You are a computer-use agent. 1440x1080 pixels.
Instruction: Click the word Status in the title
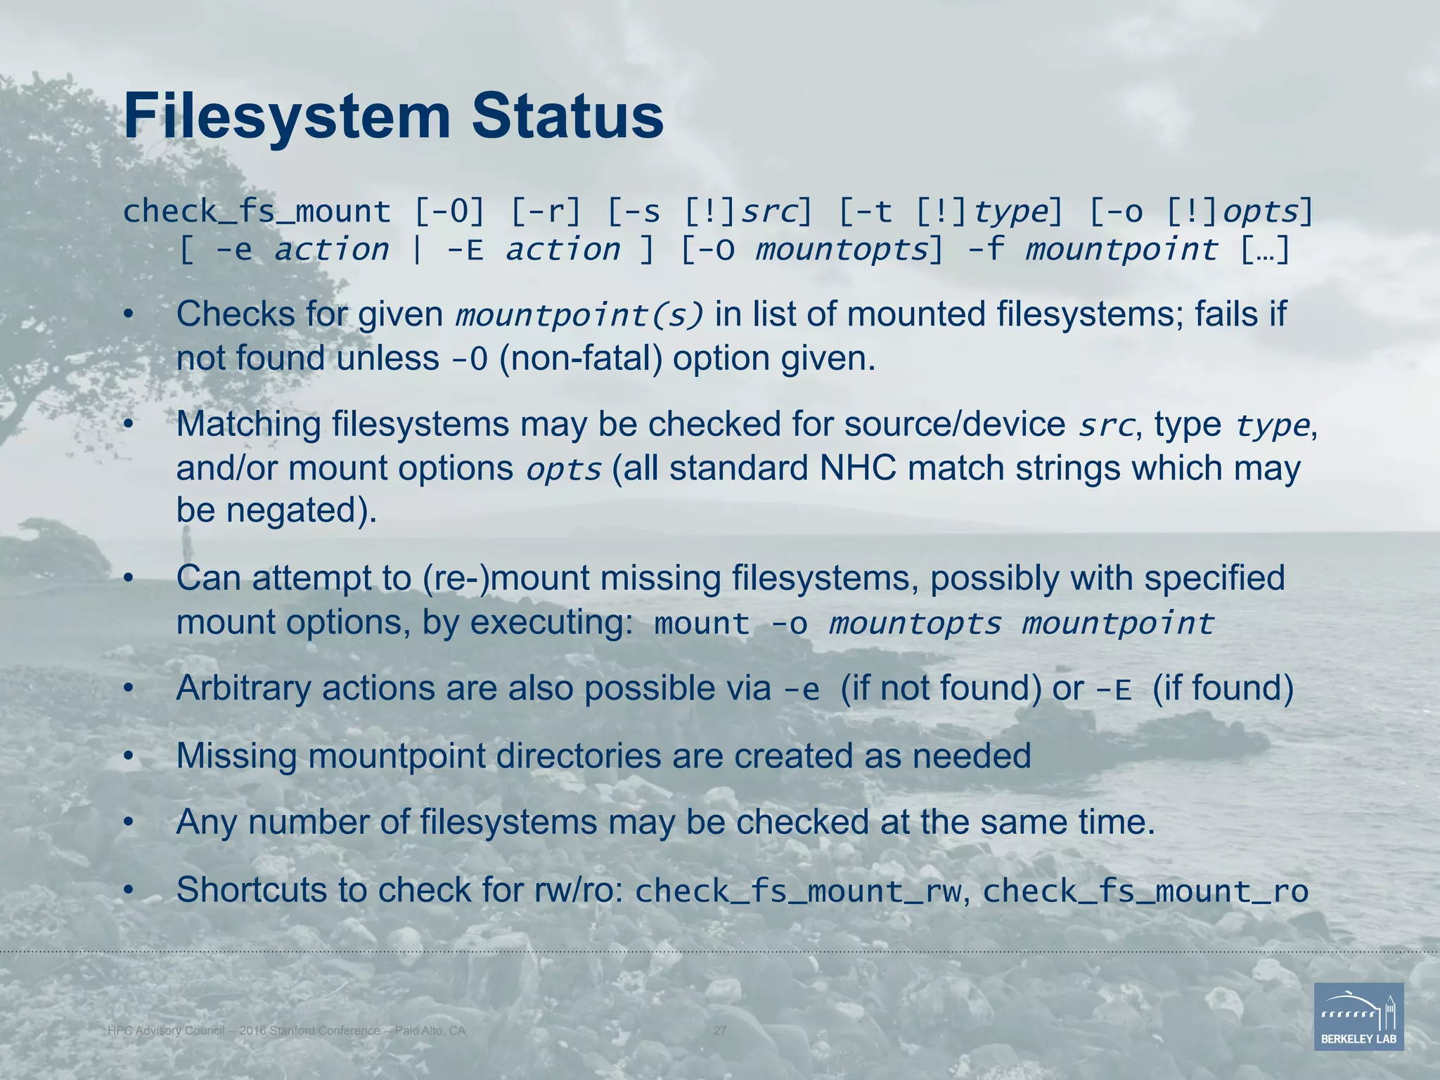567,117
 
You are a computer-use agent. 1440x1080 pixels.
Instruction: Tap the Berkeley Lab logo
1358,1017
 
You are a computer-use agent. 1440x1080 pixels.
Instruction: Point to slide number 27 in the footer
720,1031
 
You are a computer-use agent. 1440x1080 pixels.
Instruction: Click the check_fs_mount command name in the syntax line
257,212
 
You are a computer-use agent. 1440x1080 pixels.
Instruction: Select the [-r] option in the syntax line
546,212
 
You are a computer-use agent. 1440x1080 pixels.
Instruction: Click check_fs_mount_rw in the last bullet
797,892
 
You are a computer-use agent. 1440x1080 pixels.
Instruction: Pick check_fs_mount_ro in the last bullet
1145,892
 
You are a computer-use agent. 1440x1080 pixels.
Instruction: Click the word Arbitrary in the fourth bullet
243,688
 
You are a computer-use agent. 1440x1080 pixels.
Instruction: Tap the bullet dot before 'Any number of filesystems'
128,822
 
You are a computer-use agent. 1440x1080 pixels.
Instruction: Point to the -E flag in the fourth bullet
1114,691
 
